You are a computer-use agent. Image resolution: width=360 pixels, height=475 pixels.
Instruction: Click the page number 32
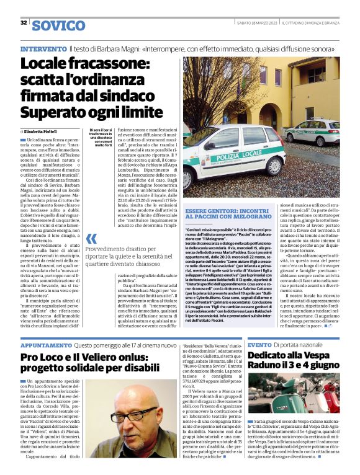(x=23, y=23)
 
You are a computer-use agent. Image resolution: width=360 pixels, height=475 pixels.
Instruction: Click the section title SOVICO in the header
(x=58, y=25)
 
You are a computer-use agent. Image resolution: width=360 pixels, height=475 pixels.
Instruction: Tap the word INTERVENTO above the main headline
(x=43, y=48)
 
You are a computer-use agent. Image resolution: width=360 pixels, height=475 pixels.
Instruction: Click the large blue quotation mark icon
(x=91, y=239)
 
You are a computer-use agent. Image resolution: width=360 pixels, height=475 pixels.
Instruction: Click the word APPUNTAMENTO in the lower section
(x=46, y=344)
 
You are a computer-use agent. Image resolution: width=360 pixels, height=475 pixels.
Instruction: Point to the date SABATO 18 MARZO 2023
(x=256, y=22)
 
